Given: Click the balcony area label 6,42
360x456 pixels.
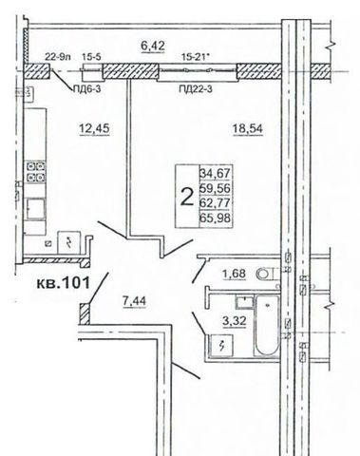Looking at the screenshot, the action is click(x=153, y=46).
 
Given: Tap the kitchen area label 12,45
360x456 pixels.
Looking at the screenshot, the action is click(x=94, y=128).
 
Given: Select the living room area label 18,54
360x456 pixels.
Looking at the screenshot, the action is click(x=248, y=128).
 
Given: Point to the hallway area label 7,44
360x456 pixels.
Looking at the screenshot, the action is click(x=134, y=301).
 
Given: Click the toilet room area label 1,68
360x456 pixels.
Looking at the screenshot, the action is click(x=235, y=273).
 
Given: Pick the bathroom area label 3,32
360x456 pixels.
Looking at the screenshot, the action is click(x=235, y=321).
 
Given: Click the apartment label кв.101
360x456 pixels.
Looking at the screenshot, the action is click(x=64, y=282).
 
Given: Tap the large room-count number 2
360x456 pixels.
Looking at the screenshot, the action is click(x=187, y=197).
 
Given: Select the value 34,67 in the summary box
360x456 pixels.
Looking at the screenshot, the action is click(x=216, y=173).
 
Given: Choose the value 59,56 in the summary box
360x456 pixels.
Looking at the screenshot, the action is click(x=216, y=188).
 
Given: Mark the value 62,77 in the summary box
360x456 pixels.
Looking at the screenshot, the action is click(x=216, y=203).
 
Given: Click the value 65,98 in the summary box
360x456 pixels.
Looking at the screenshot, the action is click(x=216, y=218).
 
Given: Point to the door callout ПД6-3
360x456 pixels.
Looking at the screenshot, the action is click(x=86, y=89).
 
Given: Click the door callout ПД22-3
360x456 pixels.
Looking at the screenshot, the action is click(x=196, y=89).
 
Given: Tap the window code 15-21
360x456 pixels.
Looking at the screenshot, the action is click(x=196, y=57).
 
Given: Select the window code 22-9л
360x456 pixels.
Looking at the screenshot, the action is click(x=57, y=57).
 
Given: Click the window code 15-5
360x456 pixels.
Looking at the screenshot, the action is click(x=92, y=57).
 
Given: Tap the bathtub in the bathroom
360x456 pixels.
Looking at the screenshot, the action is click(x=267, y=326).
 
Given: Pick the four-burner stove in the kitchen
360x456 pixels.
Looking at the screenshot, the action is click(x=35, y=172).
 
